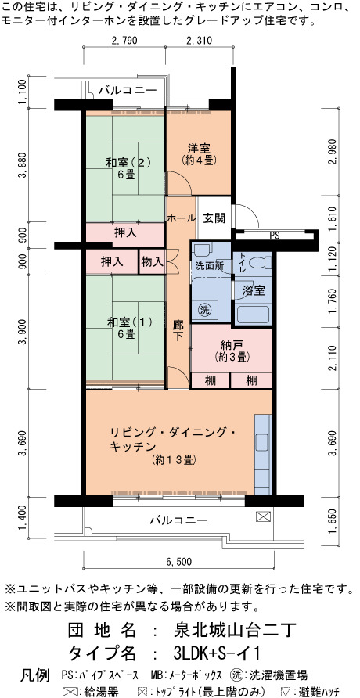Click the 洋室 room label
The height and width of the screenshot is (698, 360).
click(199, 148)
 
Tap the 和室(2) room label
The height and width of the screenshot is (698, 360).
click(125, 163)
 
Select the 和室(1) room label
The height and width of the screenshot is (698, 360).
click(125, 322)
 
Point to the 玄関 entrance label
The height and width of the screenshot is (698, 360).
click(214, 218)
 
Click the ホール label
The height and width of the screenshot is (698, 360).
click(181, 218)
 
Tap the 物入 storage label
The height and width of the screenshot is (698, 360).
click(152, 261)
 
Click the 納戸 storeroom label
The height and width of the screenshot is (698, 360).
click(232, 345)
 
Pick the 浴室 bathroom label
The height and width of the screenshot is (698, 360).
click(254, 291)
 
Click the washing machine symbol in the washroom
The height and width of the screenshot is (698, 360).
click(204, 308)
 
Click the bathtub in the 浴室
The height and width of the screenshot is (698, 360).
click(254, 315)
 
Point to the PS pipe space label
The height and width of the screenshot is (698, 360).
click(275, 236)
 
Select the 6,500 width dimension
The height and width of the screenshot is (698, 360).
click(179, 562)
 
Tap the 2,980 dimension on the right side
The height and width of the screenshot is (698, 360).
click(331, 151)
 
